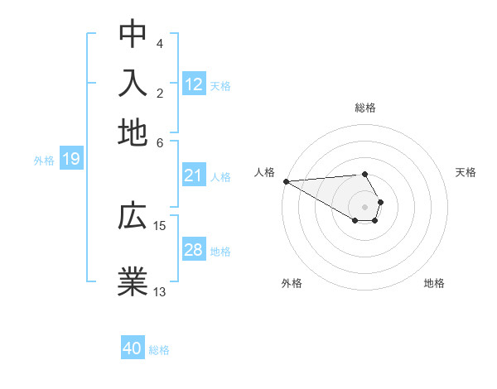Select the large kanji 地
133,132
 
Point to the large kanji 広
133,217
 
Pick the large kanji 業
133,280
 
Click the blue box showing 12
194,84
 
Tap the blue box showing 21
194,175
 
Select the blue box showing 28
194,250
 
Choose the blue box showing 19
71,159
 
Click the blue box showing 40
133,348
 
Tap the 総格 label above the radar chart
365,108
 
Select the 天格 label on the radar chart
466,172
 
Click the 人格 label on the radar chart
264,172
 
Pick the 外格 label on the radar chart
292,283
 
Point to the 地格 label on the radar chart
434,283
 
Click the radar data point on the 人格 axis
286,180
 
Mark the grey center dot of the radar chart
364,206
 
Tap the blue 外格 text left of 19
44,160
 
